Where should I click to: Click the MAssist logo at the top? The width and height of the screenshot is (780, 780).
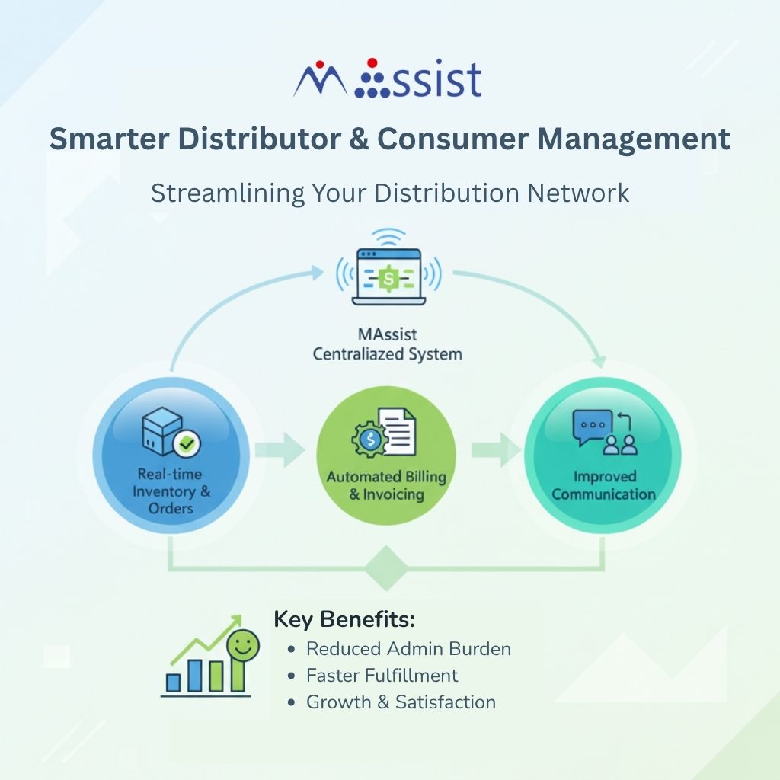[387, 78]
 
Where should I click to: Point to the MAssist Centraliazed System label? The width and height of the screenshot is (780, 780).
[388, 345]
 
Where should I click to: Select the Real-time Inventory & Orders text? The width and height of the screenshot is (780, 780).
[172, 491]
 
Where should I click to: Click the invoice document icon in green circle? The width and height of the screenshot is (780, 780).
[398, 432]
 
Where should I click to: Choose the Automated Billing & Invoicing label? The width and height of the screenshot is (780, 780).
[386, 485]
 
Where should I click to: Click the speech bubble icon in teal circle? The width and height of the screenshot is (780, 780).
[593, 427]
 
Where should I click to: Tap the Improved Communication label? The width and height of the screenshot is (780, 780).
[603, 485]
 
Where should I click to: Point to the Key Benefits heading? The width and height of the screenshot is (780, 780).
[344, 619]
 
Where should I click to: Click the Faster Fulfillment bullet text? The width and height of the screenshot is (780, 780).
[382, 676]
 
